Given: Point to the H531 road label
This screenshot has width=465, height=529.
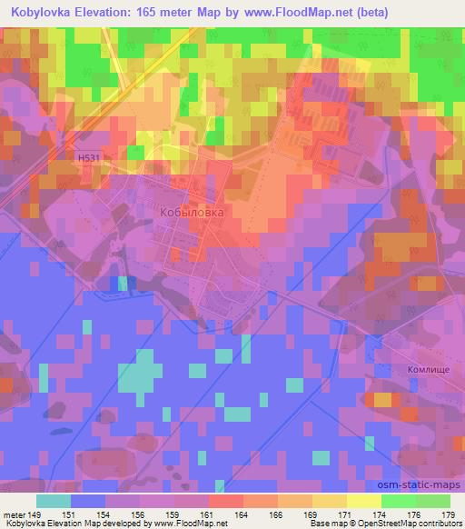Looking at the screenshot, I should click(88, 157).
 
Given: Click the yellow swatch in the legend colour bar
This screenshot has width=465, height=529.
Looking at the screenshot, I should click(364, 501).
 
